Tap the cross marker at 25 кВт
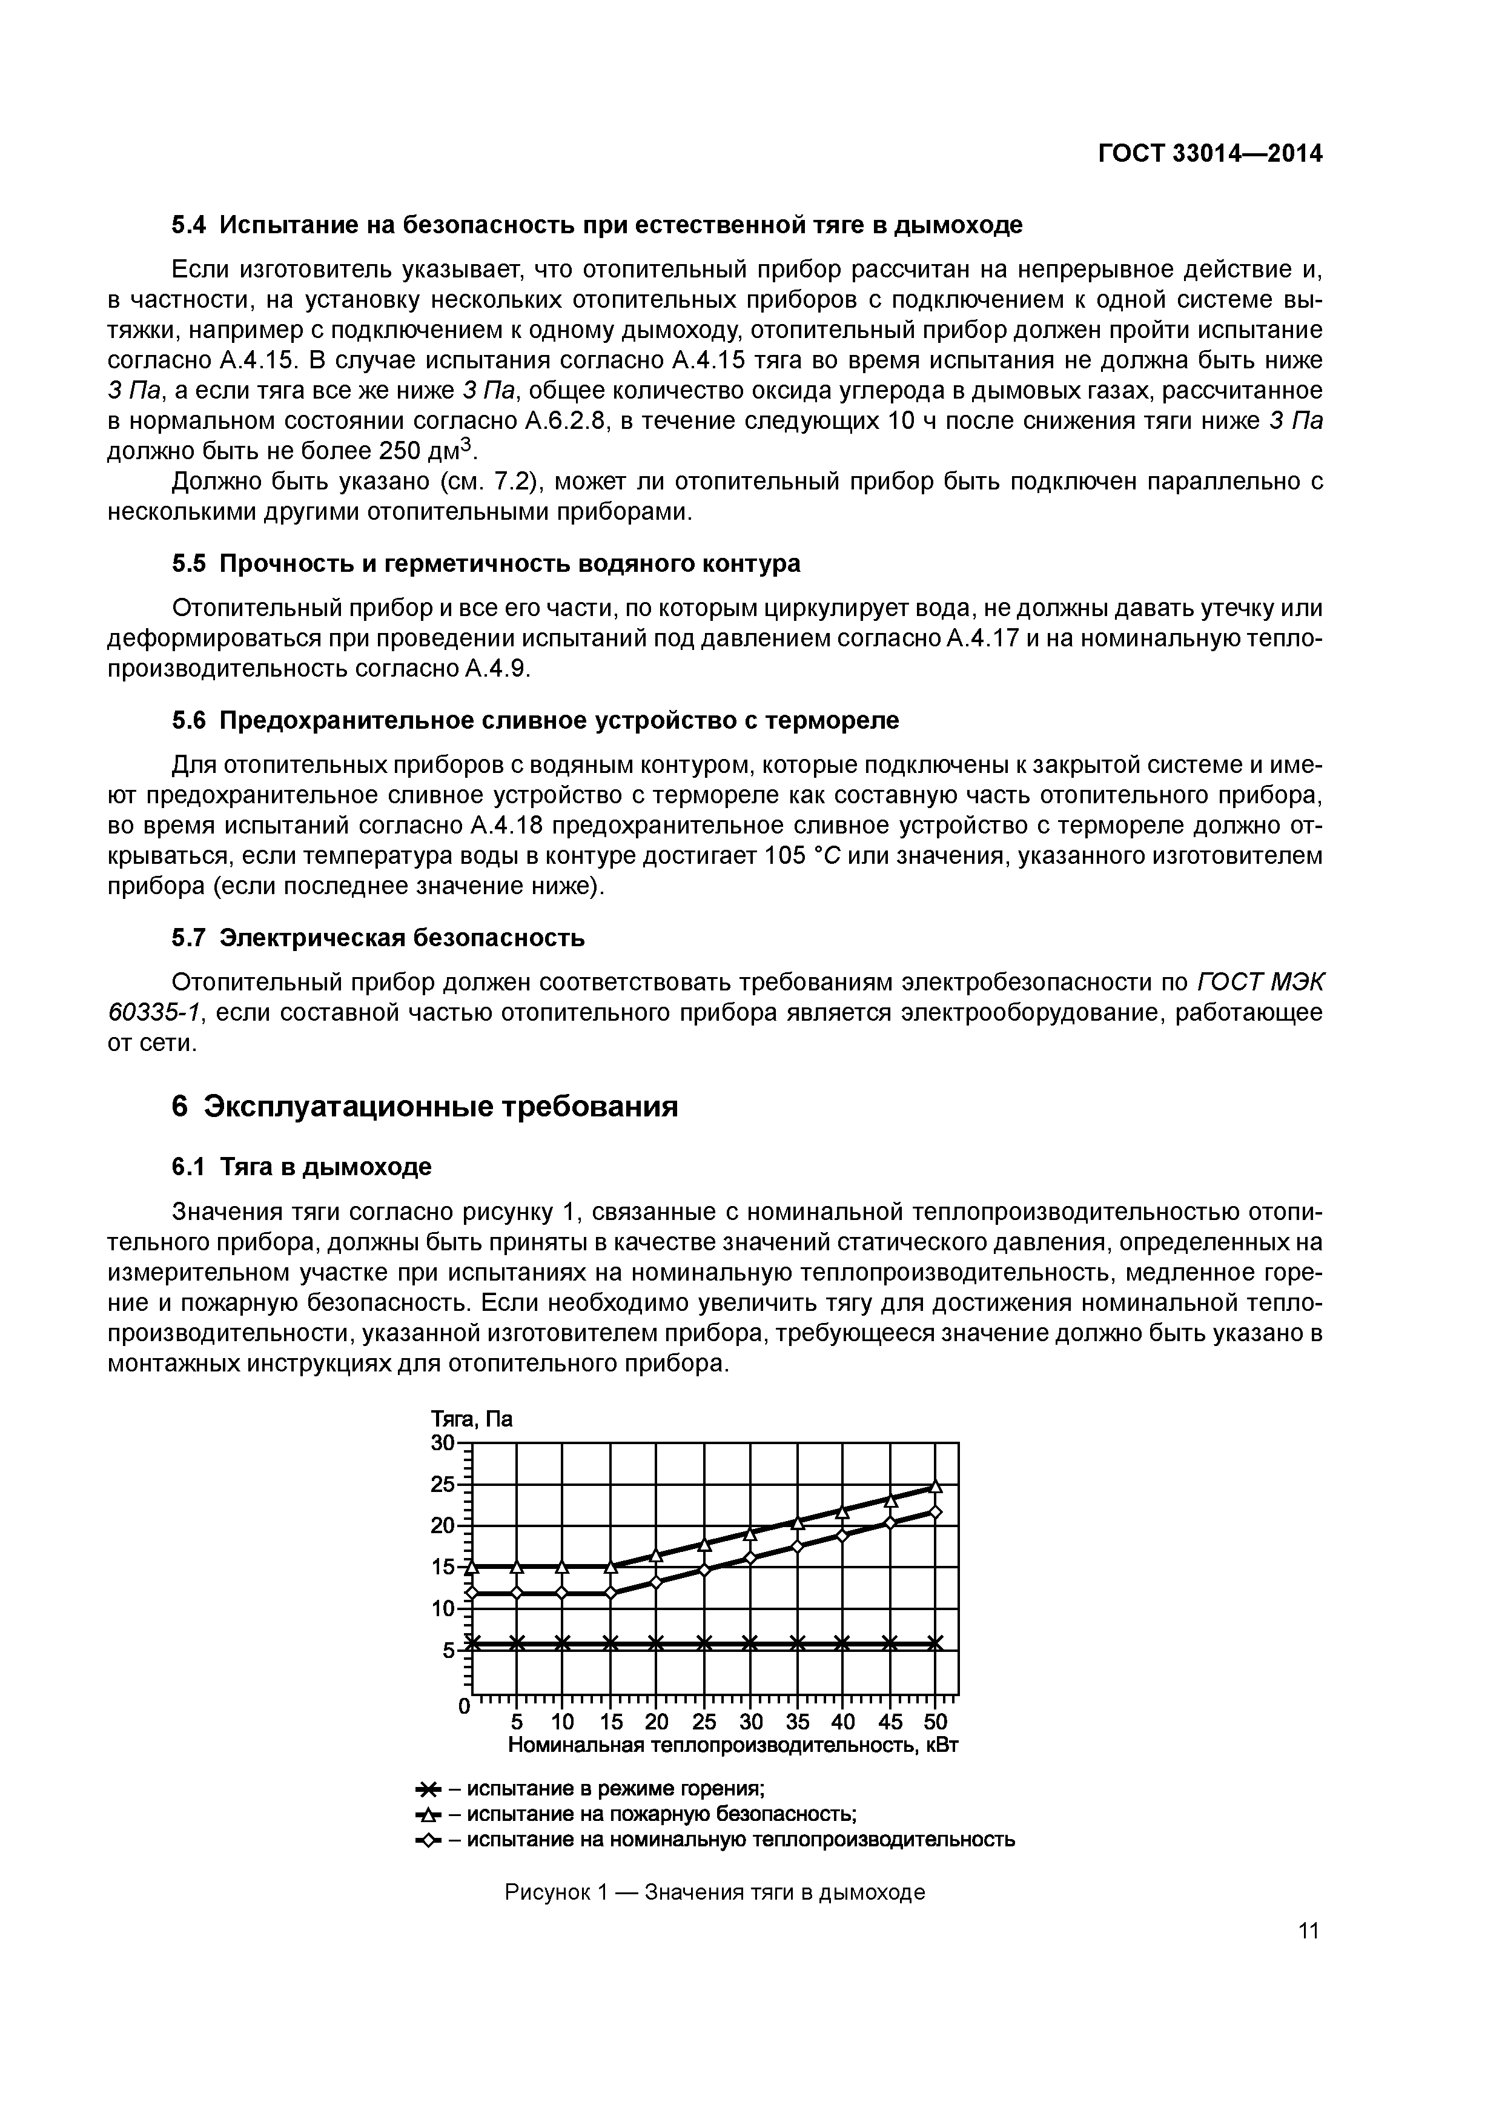click(x=703, y=1644)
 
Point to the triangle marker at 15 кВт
click(x=610, y=1567)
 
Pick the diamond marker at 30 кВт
click(x=750, y=1559)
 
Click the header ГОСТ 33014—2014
click(x=1209, y=154)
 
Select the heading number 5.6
click(x=190, y=720)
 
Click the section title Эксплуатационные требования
click(x=440, y=1107)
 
